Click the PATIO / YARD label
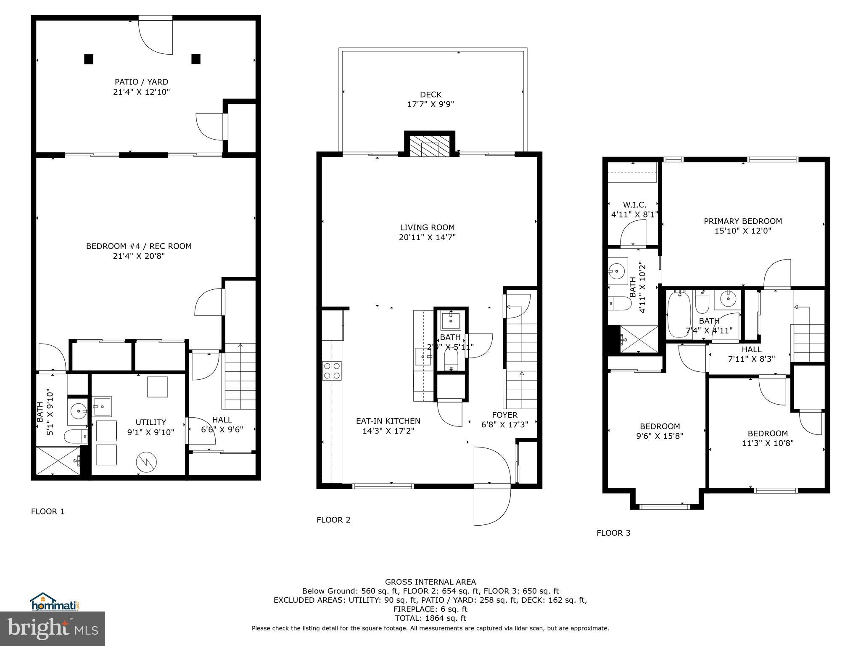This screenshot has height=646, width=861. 141,82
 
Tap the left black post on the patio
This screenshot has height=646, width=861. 88,59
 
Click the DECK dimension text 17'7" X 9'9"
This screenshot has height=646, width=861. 430,104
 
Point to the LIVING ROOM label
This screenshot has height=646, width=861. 427,228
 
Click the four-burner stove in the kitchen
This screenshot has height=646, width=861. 332,371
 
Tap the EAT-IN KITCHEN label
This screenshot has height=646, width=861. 388,421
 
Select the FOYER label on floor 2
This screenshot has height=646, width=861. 504,415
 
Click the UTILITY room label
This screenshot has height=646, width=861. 151,422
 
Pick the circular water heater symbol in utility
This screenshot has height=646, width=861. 146,462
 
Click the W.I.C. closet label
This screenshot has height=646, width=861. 634,205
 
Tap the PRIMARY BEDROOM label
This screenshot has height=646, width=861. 743,221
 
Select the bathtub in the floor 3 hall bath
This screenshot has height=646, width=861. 678,314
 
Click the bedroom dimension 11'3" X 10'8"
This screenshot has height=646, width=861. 767,443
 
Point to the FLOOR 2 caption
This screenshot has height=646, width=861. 333,520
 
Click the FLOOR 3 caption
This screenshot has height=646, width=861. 613,533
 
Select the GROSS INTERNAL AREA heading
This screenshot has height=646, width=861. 430,582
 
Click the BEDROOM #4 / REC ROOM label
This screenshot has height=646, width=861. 139,246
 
